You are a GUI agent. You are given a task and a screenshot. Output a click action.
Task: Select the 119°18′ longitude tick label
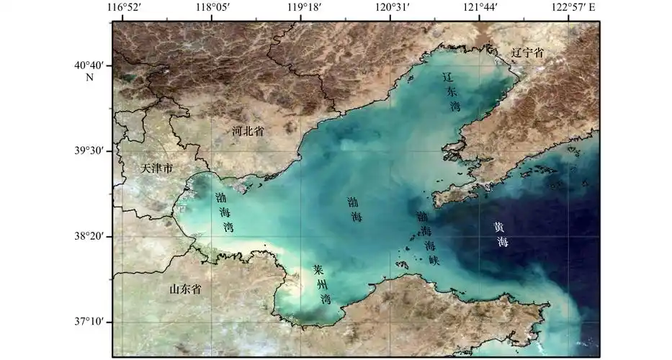point(304,7)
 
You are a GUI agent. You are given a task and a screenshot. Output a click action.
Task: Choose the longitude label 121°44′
point(479,7)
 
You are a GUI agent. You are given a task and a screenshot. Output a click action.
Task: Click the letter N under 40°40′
point(90,77)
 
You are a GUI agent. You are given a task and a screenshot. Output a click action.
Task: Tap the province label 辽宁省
point(527,53)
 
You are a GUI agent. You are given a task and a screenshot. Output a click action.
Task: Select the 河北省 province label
point(248,132)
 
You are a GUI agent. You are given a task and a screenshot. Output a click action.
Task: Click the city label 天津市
point(157,168)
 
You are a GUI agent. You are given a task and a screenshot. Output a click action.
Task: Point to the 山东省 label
point(185,289)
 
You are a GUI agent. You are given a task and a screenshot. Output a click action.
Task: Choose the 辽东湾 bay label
point(451,92)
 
